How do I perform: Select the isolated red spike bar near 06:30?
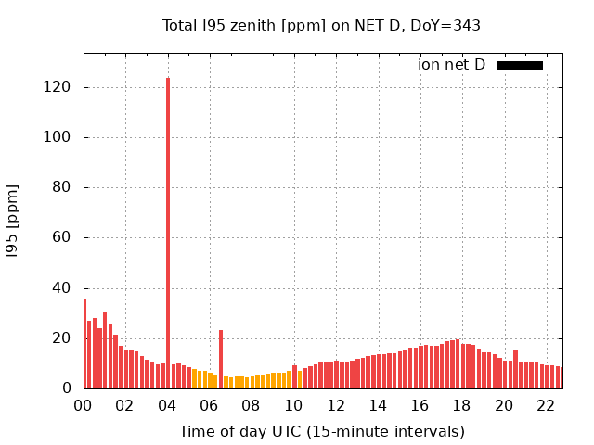click(x=221, y=359)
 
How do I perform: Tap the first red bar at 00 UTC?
click(x=84, y=343)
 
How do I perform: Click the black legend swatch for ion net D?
click(x=520, y=65)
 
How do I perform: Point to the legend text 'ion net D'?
click(x=451, y=65)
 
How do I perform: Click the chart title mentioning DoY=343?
click(x=321, y=26)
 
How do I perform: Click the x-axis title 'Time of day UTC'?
click(x=321, y=431)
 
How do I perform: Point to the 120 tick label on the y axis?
click(x=61, y=87)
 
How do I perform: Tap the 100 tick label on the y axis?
click(x=61, y=137)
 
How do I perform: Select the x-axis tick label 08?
click(x=251, y=405)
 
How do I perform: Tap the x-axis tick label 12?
click(x=335, y=405)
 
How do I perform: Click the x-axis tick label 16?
click(x=420, y=405)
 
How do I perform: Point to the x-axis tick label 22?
click(x=546, y=405)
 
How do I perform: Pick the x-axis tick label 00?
click(x=83, y=405)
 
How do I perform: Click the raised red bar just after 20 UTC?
click(x=516, y=369)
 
